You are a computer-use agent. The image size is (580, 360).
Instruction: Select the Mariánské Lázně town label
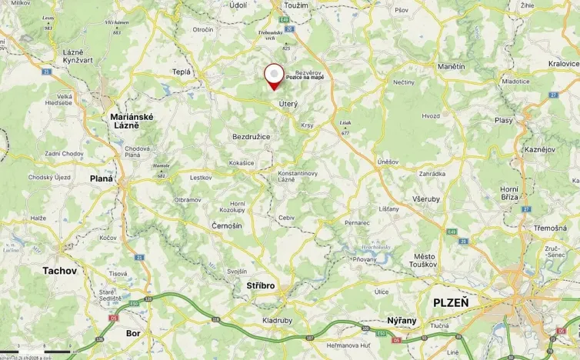pos(132,121)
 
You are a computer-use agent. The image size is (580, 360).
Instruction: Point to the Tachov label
pos(59,271)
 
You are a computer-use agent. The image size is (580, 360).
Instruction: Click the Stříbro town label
pos(261,286)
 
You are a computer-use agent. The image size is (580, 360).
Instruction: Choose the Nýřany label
pos(402,319)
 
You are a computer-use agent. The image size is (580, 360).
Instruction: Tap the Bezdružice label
pos(251,136)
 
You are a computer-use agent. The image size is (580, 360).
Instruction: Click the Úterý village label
pos(288,103)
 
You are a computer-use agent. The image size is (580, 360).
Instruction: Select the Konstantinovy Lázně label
pos(298,176)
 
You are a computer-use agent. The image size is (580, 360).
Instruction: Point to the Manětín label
pos(452,67)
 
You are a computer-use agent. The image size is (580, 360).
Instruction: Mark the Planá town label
pos(101,178)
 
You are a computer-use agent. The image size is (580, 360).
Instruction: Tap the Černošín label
pos(226,225)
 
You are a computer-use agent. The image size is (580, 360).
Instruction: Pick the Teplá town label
pos(182,72)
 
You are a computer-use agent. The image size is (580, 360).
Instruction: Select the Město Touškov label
pos(425,260)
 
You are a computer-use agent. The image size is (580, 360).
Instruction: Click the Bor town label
pos(133,334)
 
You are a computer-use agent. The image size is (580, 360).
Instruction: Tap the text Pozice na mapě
pos(305,77)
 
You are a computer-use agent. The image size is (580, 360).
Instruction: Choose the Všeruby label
pos(425,198)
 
